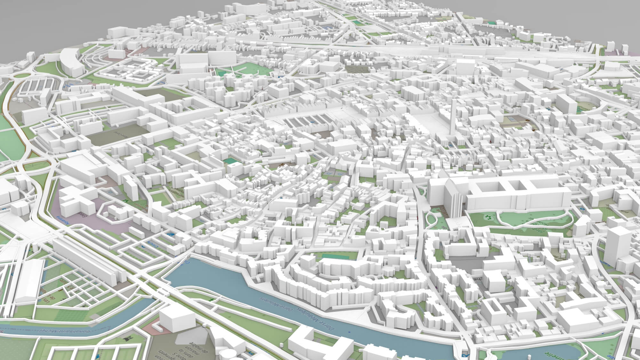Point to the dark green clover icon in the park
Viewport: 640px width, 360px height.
[488, 218]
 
